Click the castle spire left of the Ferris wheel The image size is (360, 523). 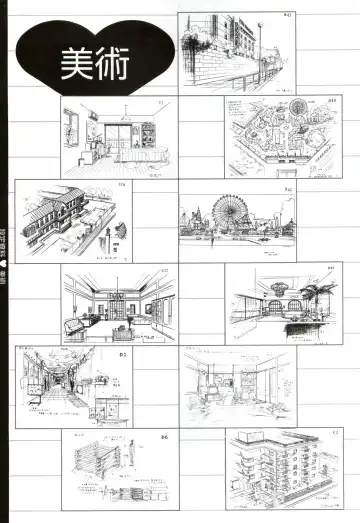coord(199,213)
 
